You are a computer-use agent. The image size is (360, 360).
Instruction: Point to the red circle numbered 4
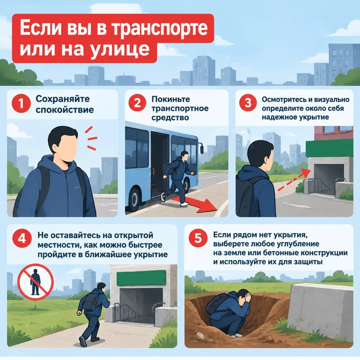point(22,239)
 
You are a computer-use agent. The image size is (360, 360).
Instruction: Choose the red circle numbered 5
point(198,238)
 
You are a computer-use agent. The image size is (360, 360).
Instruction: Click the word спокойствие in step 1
point(65,110)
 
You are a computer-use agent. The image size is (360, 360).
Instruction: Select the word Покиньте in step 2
point(171,99)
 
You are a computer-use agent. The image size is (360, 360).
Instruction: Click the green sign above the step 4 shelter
point(141,278)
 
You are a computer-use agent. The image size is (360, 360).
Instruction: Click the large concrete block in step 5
point(321,312)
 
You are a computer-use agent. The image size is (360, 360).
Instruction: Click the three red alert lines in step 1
point(91,138)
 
